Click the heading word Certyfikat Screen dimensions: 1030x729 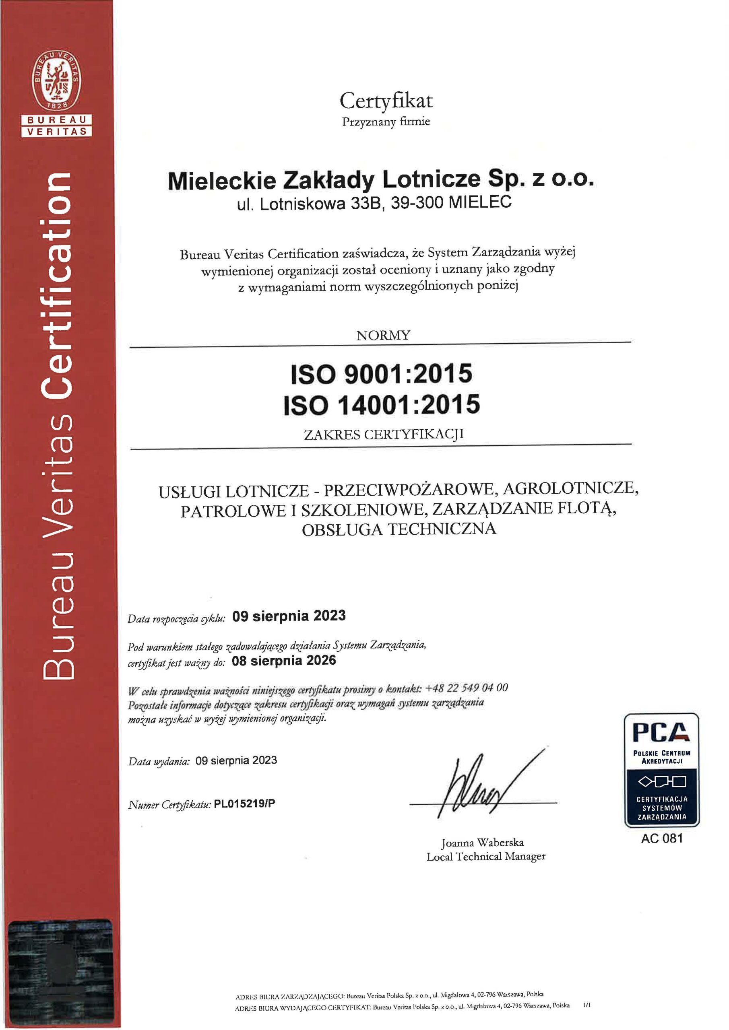[x=386, y=101]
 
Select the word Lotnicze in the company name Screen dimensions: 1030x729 [x=431, y=179]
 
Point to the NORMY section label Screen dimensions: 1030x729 [x=383, y=336]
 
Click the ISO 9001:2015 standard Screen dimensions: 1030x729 [x=382, y=373]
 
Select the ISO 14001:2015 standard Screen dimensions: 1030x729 [x=382, y=404]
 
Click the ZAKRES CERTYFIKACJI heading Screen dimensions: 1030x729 [x=383, y=434]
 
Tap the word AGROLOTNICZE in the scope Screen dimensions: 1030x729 [x=570, y=488]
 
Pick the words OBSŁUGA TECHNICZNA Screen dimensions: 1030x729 [x=399, y=529]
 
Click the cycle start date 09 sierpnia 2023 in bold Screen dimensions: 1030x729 [x=289, y=616]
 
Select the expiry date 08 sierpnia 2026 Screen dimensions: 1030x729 [x=284, y=660]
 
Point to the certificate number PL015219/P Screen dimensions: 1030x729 [x=244, y=803]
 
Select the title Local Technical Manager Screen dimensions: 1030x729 [x=486, y=857]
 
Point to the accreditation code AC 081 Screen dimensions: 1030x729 [x=662, y=838]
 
